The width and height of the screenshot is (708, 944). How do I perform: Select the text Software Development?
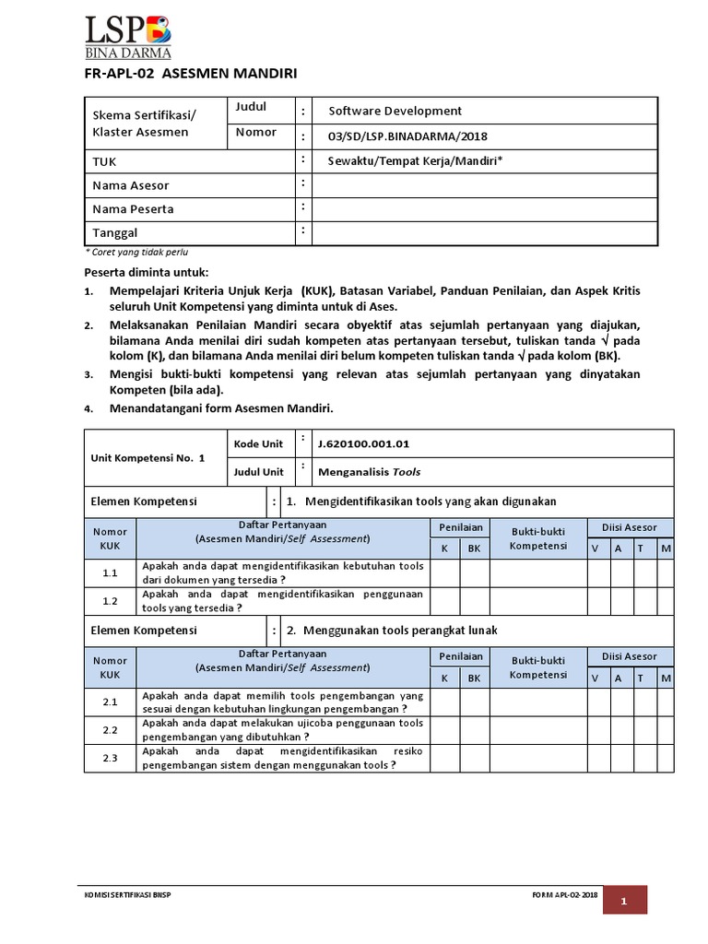pos(395,111)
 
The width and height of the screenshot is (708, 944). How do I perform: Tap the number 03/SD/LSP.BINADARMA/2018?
pos(407,136)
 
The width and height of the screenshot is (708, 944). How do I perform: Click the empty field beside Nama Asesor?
pos(484,185)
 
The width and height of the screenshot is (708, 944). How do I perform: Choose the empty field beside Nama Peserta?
pos(484,209)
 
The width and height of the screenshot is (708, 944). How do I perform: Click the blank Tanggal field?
pos(484,233)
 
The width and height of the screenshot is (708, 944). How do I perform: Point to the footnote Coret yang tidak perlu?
pos(137,252)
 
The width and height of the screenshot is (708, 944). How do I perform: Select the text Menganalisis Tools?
pos(369,471)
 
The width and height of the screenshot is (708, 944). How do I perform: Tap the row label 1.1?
pos(111,573)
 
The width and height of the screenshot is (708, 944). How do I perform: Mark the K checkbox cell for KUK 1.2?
pos(445,601)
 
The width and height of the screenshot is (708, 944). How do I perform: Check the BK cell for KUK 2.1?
pos(475,702)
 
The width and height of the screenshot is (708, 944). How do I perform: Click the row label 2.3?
pos(111,758)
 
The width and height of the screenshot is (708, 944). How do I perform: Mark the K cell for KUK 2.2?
pos(445,730)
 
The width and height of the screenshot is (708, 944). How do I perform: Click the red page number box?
pos(624,900)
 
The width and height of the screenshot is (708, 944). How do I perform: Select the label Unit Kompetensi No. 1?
pos(147,457)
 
